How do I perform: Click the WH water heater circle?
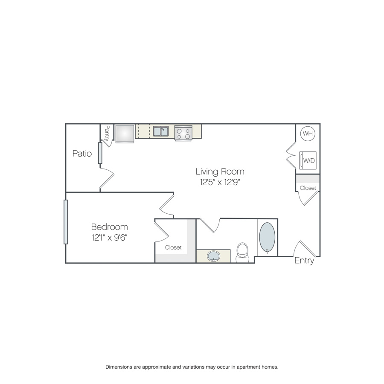308,133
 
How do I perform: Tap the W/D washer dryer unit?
308,160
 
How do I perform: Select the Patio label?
82,154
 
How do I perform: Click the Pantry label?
107,133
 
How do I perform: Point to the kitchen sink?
161,131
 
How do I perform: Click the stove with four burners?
183,133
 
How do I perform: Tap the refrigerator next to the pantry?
125,134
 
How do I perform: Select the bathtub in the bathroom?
267,238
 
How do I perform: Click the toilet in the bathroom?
242,253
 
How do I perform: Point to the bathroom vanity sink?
214,256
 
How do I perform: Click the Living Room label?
220,172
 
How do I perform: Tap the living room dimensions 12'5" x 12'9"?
220,182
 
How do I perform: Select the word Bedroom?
110,227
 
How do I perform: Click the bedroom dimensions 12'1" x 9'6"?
110,238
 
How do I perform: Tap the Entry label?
304,261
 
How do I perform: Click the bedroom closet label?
173,247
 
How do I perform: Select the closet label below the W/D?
308,188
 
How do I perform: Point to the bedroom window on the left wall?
66,222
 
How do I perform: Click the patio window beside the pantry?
100,153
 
